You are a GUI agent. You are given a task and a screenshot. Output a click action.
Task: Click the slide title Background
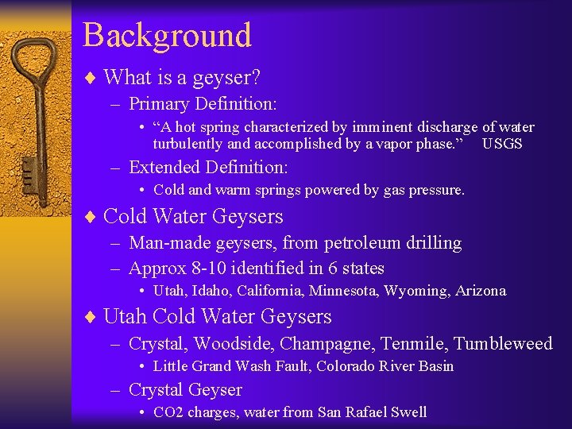[x=167, y=36]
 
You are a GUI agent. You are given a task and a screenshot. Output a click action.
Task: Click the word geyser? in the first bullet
[x=235, y=77]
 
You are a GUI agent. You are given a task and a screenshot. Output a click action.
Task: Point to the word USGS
[x=502, y=144]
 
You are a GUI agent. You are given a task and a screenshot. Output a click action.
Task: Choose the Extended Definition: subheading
[x=208, y=168]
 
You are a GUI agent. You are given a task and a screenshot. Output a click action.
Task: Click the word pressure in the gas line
[x=439, y=190]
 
